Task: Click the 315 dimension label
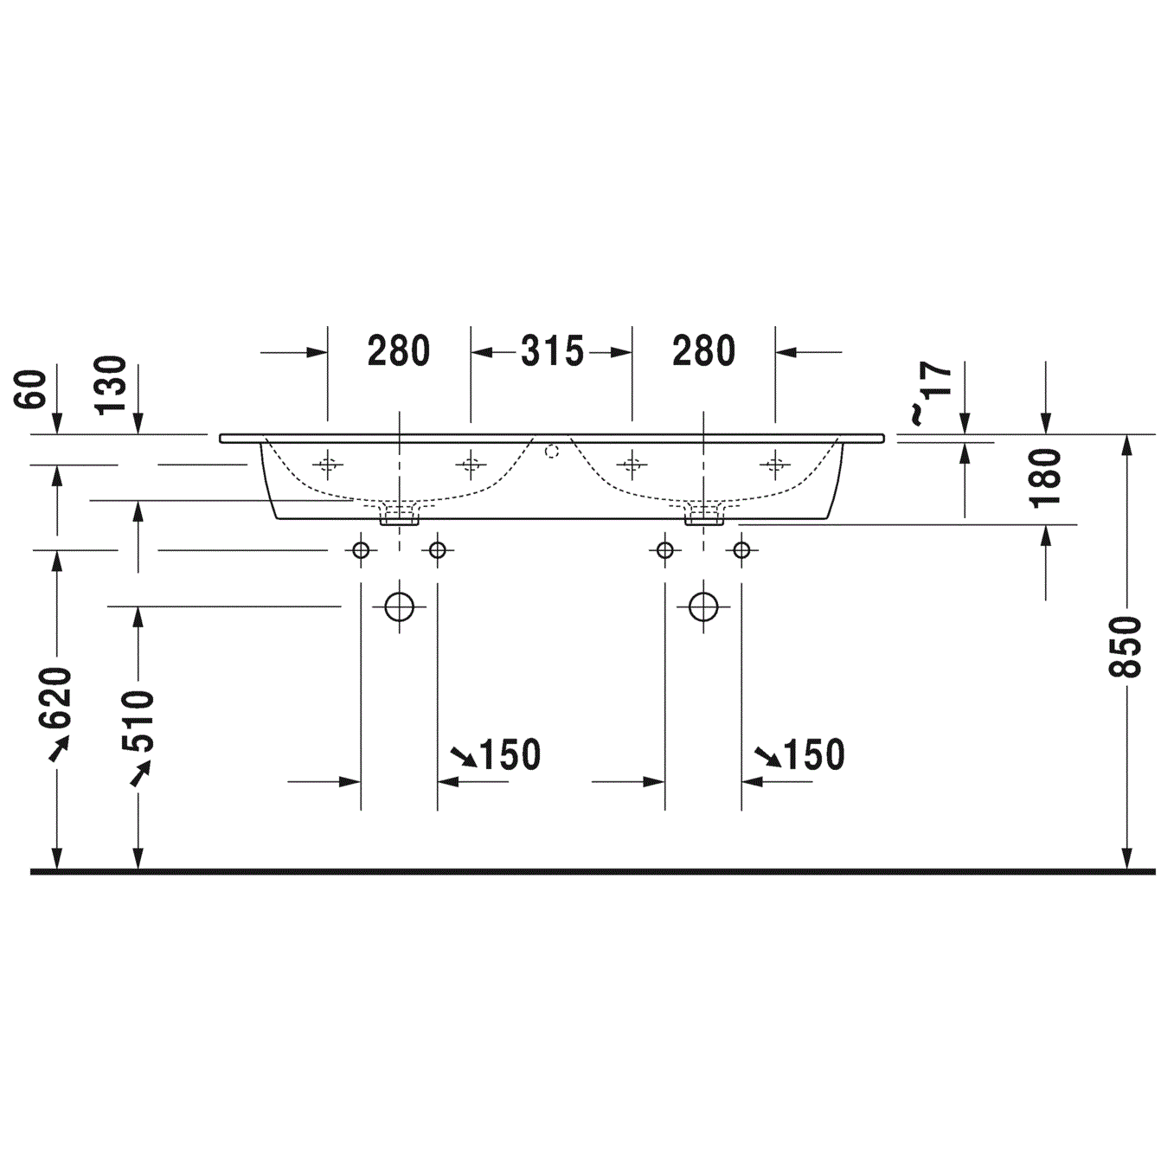click(x=552, y=351)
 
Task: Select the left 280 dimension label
click(x=399, y=351)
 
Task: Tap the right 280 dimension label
click(x=703, y=351)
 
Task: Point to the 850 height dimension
click(x=1125, y=646)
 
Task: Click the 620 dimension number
click(x=55, y=698)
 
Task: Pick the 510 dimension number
click(x=138, y=722)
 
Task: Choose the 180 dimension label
click(x=1045, y=478)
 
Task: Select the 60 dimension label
click(x=30, y=390)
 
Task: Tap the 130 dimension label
click(x=111, y=385)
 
